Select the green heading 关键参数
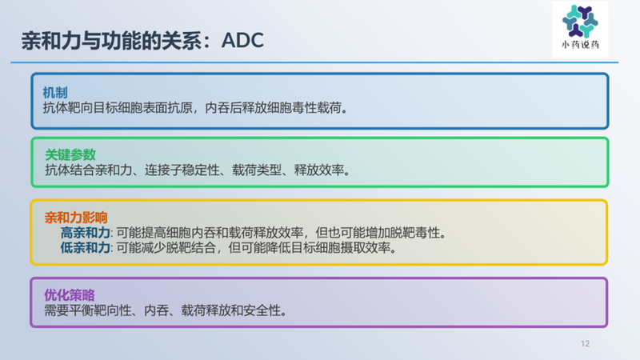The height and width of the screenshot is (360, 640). tap(67, 155)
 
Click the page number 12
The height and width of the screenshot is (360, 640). tap(585, 344)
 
